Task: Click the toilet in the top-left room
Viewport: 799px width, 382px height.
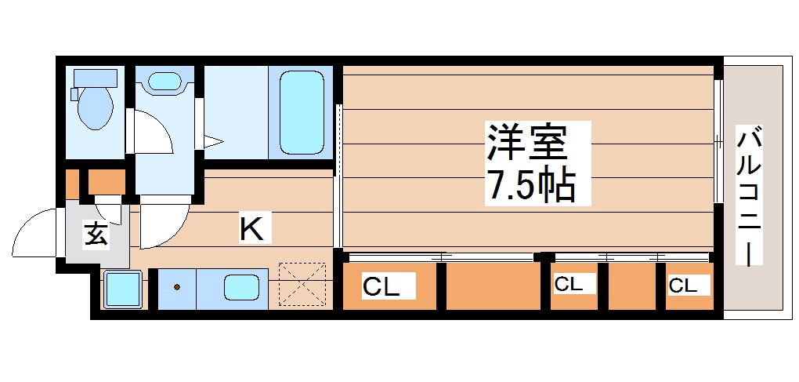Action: pyautogui.click(x=96, y=109)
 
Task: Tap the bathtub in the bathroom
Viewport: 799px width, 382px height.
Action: pyautogui.click(x=301, y=112)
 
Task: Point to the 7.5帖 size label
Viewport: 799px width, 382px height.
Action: pyautogui.click(x=533, y=186)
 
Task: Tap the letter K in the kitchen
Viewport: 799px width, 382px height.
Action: pyautogui.click(x=251, y=229)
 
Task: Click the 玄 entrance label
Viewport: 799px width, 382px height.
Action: pyautogui.click(x=96, y=235)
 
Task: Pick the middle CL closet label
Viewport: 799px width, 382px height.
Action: pyautogui.click(x=569, y=285)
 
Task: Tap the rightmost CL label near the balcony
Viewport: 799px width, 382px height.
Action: pyautogui.click(x=682, y=286)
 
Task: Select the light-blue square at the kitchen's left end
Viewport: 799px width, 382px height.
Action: pyautogui.click(x=122, y=289)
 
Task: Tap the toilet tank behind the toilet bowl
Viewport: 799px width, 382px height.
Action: pyautogui.click(x=95, y=78)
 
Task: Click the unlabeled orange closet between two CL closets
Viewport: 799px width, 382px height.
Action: pyautogui.click(x=491, y=287)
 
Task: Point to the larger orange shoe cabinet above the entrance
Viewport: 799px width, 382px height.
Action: pyautogui.click(x=107, y=182)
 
